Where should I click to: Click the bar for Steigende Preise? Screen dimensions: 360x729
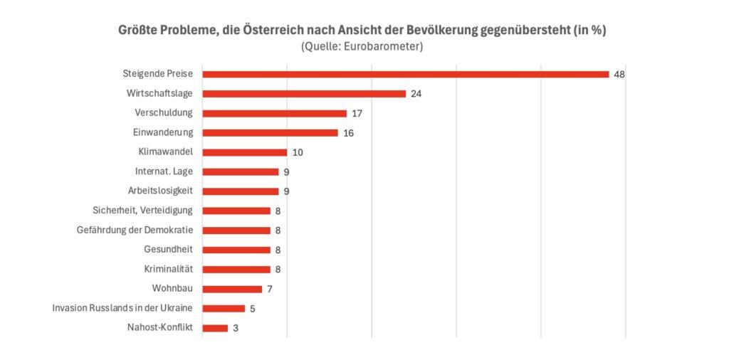tap(406, 74)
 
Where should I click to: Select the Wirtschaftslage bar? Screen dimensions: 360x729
tap(304, 94)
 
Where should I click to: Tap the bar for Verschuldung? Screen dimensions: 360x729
tap(275, 113)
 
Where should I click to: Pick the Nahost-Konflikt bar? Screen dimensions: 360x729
tap(215, 328)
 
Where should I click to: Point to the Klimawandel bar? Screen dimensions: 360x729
tap(245, 152)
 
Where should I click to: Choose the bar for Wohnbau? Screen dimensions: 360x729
tap(232, 289)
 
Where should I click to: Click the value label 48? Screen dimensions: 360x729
tap(619, 74)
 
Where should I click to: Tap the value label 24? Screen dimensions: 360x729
tap(416, 94)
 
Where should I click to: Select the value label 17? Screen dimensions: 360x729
tap(357, 113)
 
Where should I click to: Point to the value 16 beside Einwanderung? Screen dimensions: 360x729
tap(348, 133)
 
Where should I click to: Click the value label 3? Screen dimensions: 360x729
tap(236, 328)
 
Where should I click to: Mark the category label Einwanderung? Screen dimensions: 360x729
tap(163, 132)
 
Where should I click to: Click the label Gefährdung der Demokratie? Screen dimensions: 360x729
tap(135, 230)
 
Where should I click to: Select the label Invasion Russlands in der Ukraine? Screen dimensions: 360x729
tap(123, 308)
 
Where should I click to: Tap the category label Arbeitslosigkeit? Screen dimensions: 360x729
tap(160, 191)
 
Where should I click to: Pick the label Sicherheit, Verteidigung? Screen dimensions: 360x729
tap(143, 211)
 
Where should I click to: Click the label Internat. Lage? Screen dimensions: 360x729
tap(164, 171)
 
